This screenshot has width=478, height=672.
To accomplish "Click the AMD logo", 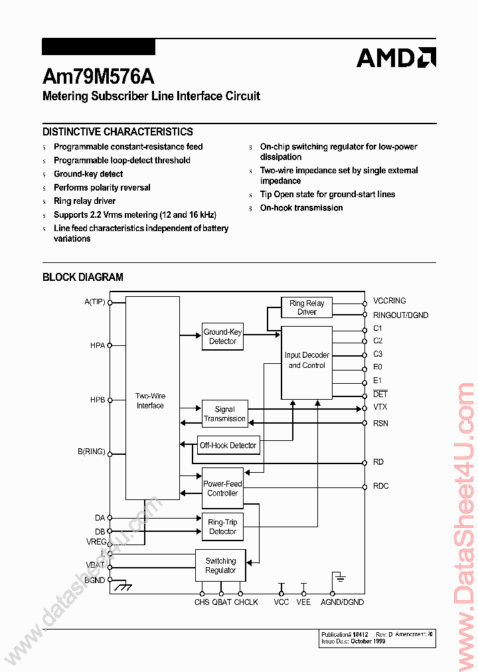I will [396, 58].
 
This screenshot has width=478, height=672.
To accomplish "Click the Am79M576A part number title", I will [98, 76].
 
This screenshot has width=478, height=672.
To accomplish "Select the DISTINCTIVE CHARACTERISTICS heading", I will [118, 131].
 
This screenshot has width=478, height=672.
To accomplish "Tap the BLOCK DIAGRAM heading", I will [83, 277].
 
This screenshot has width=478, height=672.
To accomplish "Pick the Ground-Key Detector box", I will [222, 337].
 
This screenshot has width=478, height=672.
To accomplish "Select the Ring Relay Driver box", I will [307, 307].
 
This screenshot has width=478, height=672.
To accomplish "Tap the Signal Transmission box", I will [224, 414].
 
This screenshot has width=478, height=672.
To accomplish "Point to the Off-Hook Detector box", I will [228, 446].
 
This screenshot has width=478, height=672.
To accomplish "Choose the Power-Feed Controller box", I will [222, 489].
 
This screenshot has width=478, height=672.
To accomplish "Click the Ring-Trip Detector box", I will [222, 527].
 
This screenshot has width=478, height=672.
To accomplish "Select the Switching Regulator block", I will [220, 565].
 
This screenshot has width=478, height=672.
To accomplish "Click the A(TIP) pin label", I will [95, 301].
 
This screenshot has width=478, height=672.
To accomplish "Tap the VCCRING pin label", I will [389, 301].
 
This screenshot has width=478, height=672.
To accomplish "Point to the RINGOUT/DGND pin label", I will [400, 315].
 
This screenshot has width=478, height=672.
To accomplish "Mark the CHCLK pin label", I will [246, 602].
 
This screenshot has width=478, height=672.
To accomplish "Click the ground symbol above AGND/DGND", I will [339, 578].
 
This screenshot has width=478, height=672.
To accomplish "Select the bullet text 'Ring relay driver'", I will [84, 201].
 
